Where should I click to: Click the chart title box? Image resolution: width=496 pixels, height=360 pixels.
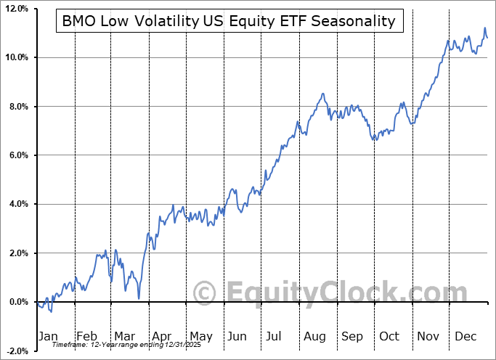click(x=229, y=21)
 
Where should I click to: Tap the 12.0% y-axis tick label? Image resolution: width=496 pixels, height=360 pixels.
click(x=15, y=9)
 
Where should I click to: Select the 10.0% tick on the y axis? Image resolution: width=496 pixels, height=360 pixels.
click(x=15, y=57)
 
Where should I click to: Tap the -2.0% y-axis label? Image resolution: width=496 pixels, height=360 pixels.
click(x=15, y=351)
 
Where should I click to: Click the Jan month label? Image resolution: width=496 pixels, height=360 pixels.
click(x=47, y=336)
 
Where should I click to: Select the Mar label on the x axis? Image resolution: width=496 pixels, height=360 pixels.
click(x=125, y=336)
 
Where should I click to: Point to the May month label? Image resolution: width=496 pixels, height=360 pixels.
click(x=200, y=336)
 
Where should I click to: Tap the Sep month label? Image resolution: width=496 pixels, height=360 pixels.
click(x=352, y=336)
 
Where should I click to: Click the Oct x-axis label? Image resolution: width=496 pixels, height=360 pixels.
click(x=389, y=336)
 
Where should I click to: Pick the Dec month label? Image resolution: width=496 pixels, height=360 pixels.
click(x=465, y=336)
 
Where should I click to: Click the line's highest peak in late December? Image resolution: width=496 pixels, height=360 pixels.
click(x=484, y=28)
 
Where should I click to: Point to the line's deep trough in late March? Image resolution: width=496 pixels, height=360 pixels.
click(x=138, y=298)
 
